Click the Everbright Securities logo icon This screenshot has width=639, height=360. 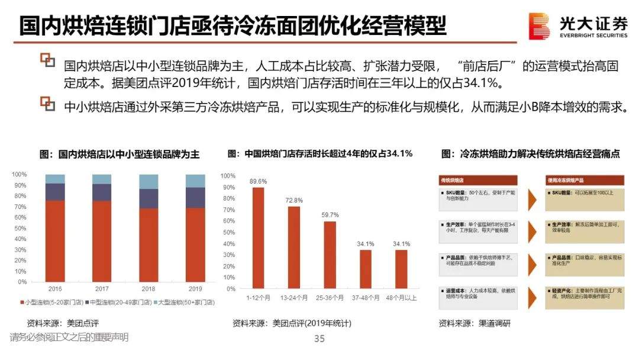[540, 27]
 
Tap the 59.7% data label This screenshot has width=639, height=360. [330, 215]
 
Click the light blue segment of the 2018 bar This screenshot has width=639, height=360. [149, 181]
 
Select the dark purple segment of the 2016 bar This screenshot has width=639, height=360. [55, 192]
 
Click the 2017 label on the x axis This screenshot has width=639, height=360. [102, 289]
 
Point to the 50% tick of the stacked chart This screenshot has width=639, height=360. [20, 228]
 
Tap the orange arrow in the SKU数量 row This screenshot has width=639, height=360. [532, 200]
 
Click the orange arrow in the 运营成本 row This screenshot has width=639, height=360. [532, 297]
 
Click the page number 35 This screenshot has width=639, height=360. [319, 339]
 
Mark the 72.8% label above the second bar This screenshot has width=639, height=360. [294, 201]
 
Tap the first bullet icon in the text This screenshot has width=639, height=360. [47, 59]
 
